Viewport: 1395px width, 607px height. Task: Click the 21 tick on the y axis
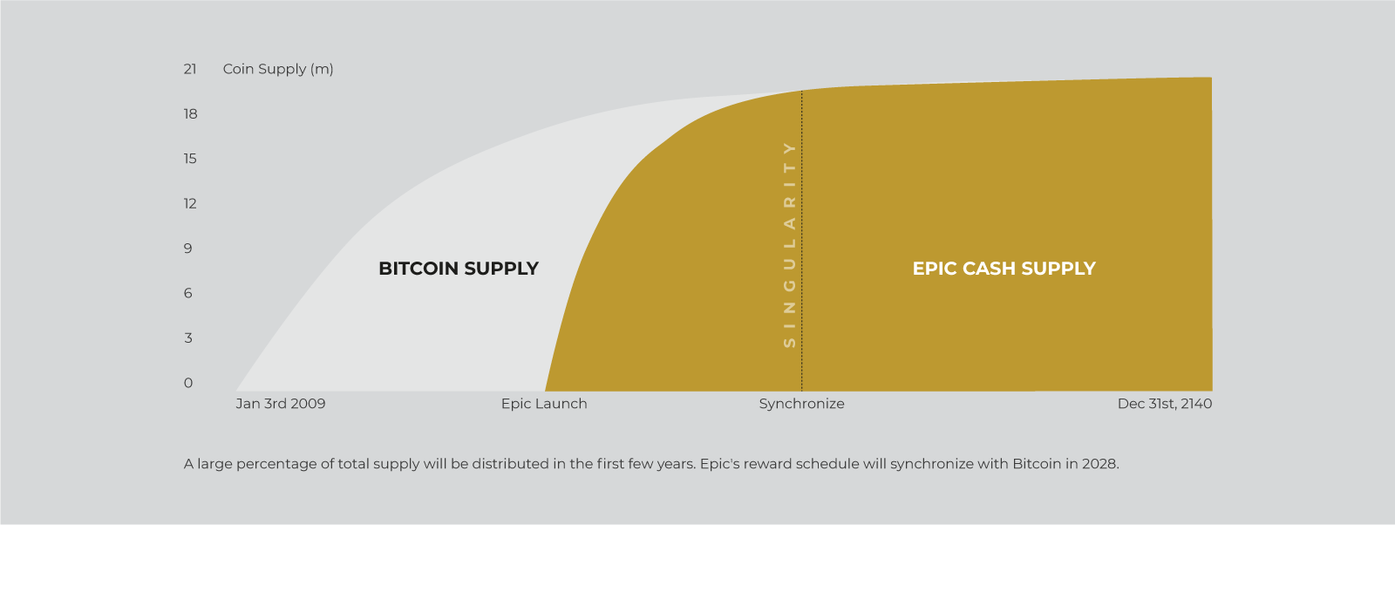click(190, 69)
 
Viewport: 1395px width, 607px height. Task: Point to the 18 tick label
click(190, 114)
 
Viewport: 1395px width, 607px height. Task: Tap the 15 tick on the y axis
click(190, 159)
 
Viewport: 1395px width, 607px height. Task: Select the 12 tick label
click(190, 204)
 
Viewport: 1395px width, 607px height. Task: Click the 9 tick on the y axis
click(188, 249)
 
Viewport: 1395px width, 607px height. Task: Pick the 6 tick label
click(188, 294)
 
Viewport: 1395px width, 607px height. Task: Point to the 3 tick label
click(188, 338)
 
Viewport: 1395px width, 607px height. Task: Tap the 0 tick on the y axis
click(188, 383)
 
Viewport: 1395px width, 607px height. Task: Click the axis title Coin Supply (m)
click(278, 69)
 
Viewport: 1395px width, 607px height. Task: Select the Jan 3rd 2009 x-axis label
click(281, 404)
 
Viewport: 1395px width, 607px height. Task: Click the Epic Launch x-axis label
click(544, 404)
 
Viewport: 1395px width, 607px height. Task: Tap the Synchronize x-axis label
click(801, 404)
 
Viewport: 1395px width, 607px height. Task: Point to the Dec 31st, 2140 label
click(1165, 404)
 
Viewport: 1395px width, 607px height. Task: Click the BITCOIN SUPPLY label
click(459, 269)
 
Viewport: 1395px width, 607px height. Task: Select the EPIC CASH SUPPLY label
click(1004, 269)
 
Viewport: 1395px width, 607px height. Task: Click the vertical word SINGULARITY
click(790, 245)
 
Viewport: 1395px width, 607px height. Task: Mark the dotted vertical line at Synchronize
click(802, 242)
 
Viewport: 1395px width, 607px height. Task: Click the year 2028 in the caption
click(1099, 464)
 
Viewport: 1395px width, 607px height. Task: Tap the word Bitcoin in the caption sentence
click(1037, 464)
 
